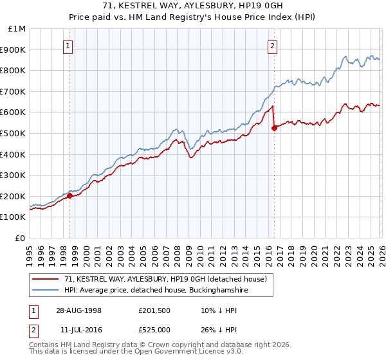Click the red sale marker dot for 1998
pos(70,196)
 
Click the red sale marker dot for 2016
pos(274,128)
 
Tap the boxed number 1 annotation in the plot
pos(68,45)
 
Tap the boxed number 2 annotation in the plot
pos(273,45)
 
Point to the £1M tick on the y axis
pos(17,29)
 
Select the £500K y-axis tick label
pos(14,134)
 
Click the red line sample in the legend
pos(46,279)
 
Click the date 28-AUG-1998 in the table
pos(78,310)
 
